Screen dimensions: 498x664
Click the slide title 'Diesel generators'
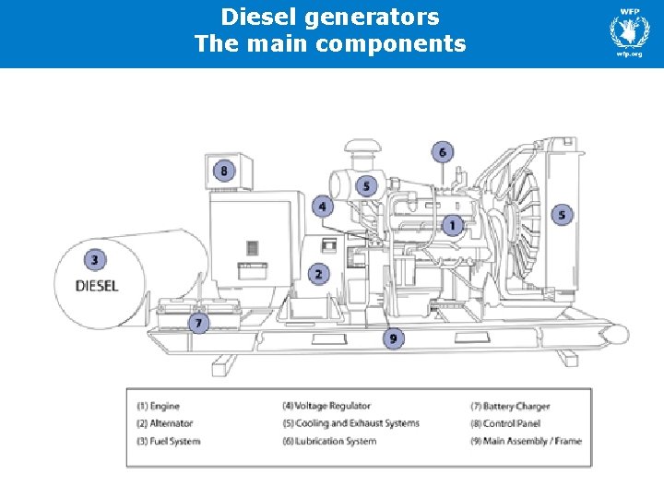(330, 17)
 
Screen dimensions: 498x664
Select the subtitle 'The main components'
(330, 43)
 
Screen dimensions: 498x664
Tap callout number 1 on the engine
(452, 225)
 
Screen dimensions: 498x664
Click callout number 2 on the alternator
(318, 274)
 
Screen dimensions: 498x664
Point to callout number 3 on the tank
(94, 259)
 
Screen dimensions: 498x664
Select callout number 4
(322, 206)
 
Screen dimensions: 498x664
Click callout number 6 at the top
(442, 152)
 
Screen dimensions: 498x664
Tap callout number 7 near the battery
(197, 323)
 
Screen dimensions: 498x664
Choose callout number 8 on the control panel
(223, 171)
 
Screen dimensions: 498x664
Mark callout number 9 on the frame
(393, 338)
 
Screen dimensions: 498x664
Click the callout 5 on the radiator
(562, 215)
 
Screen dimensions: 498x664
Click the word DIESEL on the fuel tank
(97, 286)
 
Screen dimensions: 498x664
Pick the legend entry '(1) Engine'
(159, 406)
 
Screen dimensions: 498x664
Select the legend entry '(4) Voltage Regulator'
(326, 406)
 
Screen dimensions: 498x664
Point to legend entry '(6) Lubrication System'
(329, 441)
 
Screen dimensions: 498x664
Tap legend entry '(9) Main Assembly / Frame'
(526, 441)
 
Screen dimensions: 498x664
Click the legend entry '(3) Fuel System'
(168, 441)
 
